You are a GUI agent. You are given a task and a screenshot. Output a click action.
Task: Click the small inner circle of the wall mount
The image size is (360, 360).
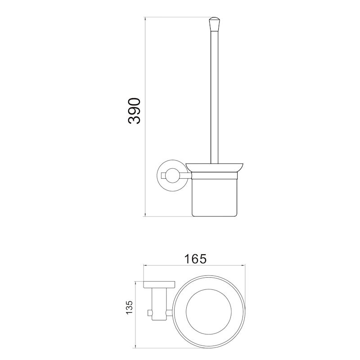click(171, 173)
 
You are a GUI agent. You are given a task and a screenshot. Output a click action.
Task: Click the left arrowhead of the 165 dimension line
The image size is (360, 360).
click(145, 265)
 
